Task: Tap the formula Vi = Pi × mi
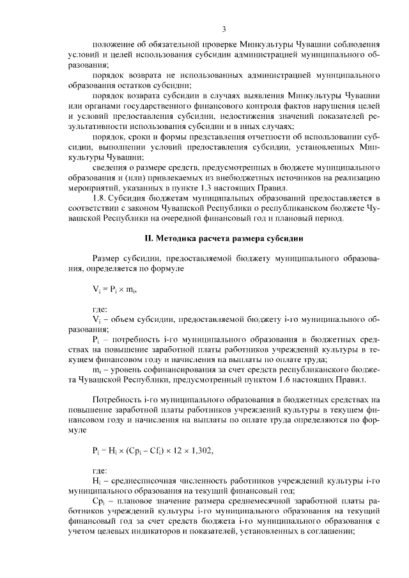click(x=115, y=289)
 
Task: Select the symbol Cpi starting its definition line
click(x=98, y=501)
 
